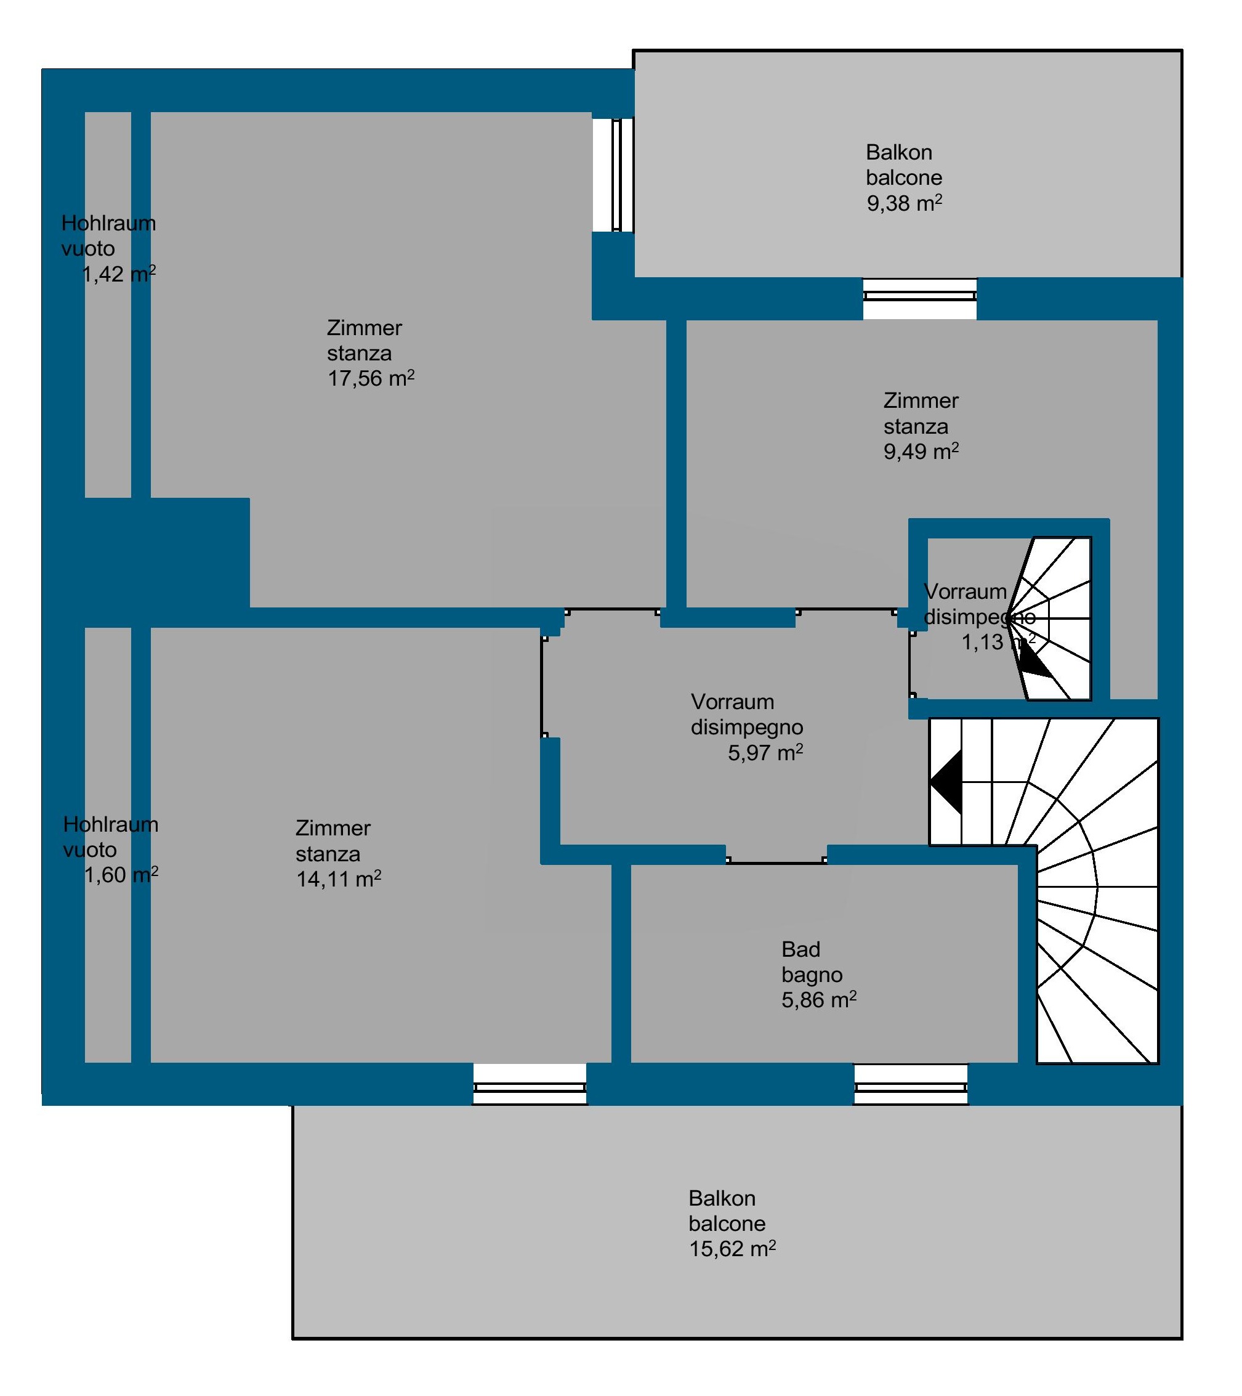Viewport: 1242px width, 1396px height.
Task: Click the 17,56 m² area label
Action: (x=371, y=378)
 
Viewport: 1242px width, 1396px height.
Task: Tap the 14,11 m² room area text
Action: (x=338, y=879)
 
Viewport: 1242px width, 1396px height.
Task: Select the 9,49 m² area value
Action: (x=921, y=452)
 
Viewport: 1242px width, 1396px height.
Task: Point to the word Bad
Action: (x=800, y=949)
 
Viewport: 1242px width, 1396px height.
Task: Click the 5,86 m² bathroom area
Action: (x=819, y=1000)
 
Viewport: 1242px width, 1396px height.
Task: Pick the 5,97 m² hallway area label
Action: (x=765, y=753)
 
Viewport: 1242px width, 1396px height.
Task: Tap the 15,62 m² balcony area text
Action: (x=732, y=1249)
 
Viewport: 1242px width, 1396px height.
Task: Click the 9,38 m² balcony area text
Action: (x=905, y=203)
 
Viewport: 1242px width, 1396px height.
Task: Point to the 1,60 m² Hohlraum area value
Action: (x=121, y=875)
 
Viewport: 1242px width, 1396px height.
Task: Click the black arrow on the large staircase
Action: (x=946, y=782)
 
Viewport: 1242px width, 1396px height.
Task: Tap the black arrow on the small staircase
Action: (x=1034, y=662)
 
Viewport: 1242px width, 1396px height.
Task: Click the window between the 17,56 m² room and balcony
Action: (x=616, y=175)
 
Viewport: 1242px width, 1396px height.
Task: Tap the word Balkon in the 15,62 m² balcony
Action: (x=722, y=1199)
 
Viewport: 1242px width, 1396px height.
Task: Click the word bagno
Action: (x=812, y=975)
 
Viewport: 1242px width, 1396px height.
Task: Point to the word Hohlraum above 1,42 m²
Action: (x=108, y=224)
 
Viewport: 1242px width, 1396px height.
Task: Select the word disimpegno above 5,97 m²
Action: (x=746, y=728)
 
